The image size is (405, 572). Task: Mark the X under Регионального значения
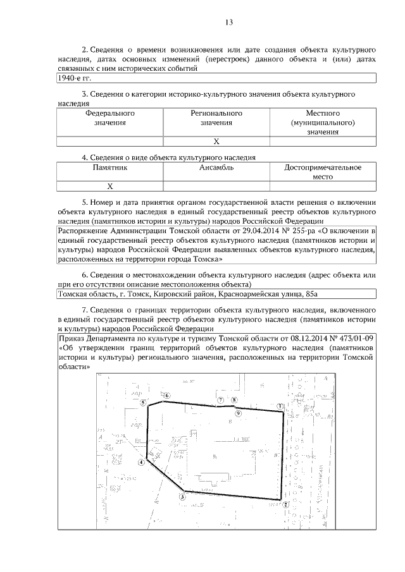pyautogui.click(x=216, y=142)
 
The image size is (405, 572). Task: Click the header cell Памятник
pyautogui.click(x=110, y=167)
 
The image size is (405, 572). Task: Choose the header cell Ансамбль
pyautogui.click(x=216, y=167)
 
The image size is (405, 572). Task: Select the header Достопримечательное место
pyautogui.click(x=323, y=172)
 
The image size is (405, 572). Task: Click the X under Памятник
pyautogui.click(x=110, y=186)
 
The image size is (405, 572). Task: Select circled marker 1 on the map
pyautogui.click(x=280, y=406)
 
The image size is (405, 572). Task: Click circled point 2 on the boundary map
pyautogui.click(x=286, y=504)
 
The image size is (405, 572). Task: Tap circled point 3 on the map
pyautogui.click(x=182, y=496)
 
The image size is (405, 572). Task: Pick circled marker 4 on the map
pyautogui.click(x=142, y=461)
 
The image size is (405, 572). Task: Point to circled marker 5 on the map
pyautogui.click(x=144, y=402)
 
